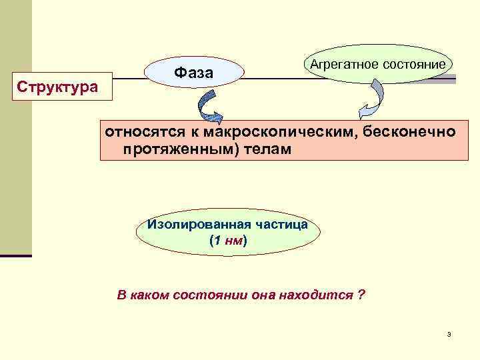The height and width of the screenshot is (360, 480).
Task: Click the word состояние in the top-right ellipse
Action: coord(413,64)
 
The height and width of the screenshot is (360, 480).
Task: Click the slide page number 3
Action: coord(449,334)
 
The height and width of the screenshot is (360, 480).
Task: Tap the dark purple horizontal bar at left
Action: coord(16,255)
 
